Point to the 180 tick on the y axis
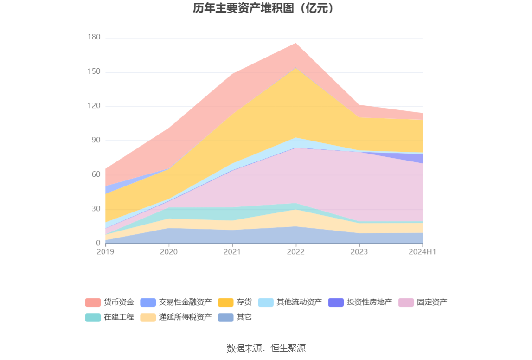[x=94, y=38]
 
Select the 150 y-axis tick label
[x=94, y=72]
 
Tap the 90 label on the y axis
[x=96, y=141]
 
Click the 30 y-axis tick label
[x=96, y=209]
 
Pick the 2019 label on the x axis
[x=105, y=251]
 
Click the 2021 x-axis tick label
[x=232, y=251]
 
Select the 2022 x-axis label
[x=296, y=251]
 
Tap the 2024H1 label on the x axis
[x=423, y=251]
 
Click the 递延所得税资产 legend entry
[x=185, y=317]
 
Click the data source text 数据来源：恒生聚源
[x=266, y=348]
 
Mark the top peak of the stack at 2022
[x=296, y=43]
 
